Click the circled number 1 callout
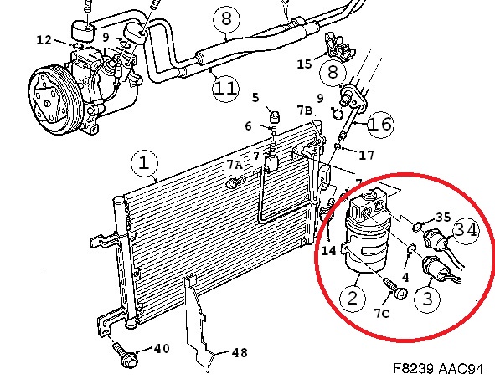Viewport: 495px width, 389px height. point(144,163)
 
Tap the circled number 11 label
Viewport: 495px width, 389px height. point(225,89)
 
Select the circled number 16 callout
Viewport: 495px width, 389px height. point(381,124)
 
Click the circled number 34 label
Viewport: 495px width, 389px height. point(467,230)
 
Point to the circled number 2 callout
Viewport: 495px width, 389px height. point(353,298)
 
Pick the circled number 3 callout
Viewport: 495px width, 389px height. point(427,298)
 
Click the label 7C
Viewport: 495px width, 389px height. point(382,313)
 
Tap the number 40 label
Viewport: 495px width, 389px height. point(162,348)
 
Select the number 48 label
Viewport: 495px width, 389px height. point(240,353)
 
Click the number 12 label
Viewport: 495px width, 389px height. point(44,40)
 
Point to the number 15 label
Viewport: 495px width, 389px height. point(304,64)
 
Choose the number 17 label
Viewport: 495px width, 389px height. point(367,155)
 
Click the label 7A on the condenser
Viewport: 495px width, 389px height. point(235,165)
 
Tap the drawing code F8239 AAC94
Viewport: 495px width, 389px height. point(438,368)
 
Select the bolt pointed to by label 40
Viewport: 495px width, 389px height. point(126,356)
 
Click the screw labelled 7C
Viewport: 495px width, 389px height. point(395,288)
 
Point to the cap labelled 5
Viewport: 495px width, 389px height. point(275,117)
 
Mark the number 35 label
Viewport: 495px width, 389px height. point(443,218)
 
